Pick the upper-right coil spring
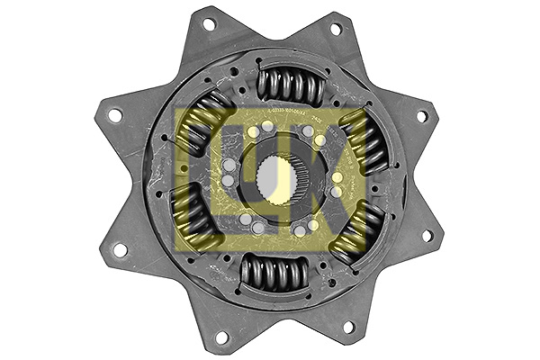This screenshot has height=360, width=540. (x=364, y=139)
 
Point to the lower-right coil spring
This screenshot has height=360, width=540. (x=357, y=231)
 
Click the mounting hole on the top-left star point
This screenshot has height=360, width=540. (x=209, y=23)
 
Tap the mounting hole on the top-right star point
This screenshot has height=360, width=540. (x=336, y=29)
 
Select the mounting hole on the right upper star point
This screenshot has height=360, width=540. (x=421, y=116)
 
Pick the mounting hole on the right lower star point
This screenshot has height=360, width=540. (x=427, y=236)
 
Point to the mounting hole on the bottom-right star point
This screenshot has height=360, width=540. (x=346, y=327)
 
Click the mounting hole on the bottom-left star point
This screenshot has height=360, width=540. (x=221, y=337)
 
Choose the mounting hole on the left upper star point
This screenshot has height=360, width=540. (x=114, y=115)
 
